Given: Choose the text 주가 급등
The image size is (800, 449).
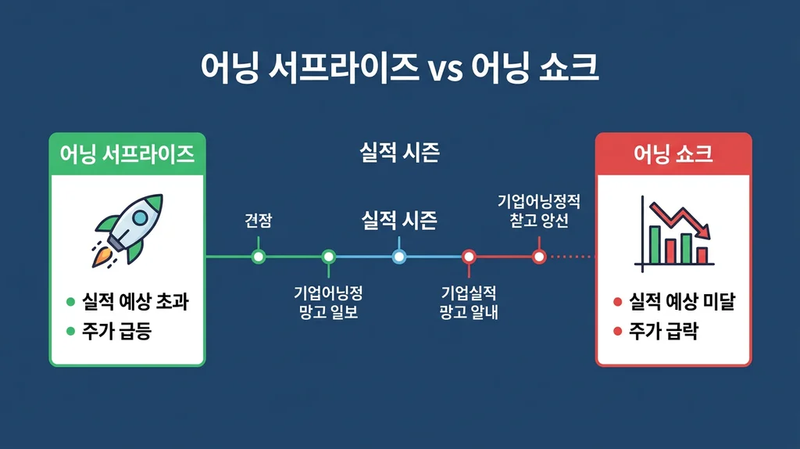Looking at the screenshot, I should click(116, 332).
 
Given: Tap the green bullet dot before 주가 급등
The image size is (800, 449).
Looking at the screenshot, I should click(70, 332).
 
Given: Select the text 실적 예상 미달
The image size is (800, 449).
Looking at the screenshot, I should click(682, 302).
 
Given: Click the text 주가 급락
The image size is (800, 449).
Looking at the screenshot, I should click(664, 332).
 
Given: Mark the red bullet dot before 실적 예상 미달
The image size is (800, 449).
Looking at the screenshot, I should click(617, 303).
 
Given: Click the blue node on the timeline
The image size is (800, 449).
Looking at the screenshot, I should click(398, 256).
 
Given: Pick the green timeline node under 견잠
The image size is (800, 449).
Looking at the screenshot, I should click(259, 256).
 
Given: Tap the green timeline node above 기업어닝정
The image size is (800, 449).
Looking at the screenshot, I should click(328, 256).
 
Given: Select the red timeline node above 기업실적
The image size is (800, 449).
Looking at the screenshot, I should click(469, 256).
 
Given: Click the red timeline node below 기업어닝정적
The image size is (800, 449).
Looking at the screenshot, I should click(538, 256).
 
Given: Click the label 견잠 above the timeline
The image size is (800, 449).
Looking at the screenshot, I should click(259, 221).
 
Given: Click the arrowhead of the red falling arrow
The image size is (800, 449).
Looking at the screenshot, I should click(705, 232).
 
